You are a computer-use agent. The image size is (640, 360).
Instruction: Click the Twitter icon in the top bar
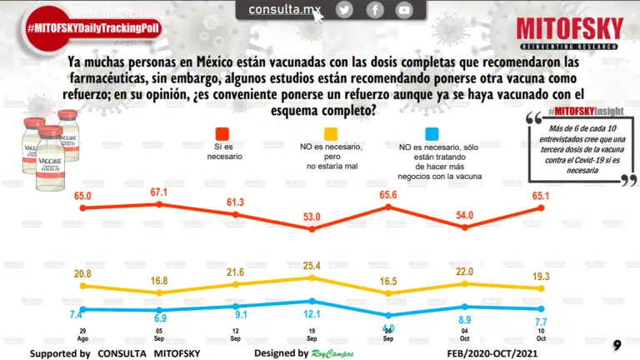(x=344, y=10)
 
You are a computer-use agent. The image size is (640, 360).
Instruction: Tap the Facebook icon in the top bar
(x=375, y=10)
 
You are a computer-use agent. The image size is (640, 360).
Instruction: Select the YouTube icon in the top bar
(x=404, y=10)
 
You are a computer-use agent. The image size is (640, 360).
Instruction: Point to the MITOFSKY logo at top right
(x=569, y=33)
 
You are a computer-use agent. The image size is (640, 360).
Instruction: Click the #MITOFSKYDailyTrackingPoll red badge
(x=92, y=28)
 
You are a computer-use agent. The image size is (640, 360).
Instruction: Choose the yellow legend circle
(x=331, y=133)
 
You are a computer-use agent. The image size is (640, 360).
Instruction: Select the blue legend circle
(x=432, y=133)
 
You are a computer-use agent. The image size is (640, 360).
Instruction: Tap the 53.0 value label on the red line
(x=312, y=217)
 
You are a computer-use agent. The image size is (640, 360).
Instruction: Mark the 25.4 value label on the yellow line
(x=312, y=266)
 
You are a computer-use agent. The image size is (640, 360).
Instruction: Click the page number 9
(x=617, y=345)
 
